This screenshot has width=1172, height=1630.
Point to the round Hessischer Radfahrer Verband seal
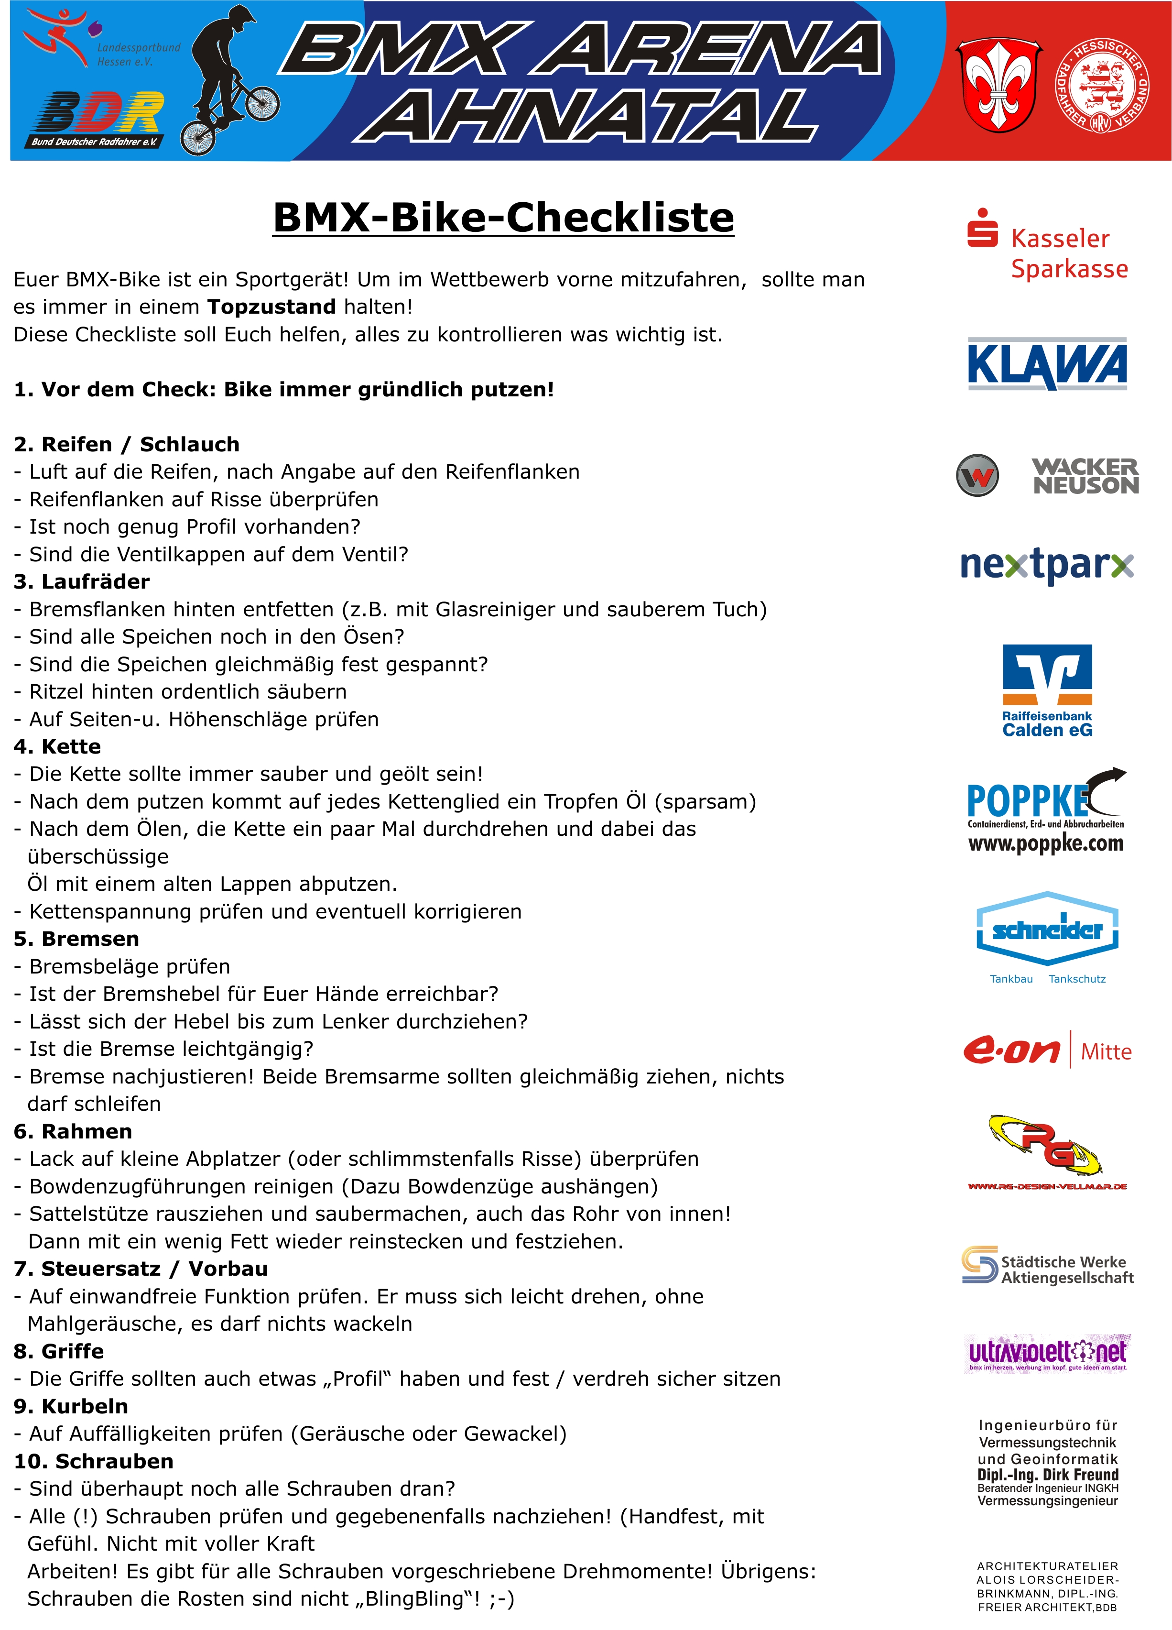[1102, 85]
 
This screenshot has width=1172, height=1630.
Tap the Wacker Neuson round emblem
[977, 475]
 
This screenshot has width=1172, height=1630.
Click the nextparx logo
[1047, 565]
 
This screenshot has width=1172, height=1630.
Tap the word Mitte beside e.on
[1106, 1052]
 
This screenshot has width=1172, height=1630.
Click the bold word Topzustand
[271, 307]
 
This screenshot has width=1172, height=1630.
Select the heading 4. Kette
[57, 747]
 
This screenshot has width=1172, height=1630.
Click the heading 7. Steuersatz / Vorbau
[141, 1269]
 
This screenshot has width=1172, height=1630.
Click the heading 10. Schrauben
[93, 1461]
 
